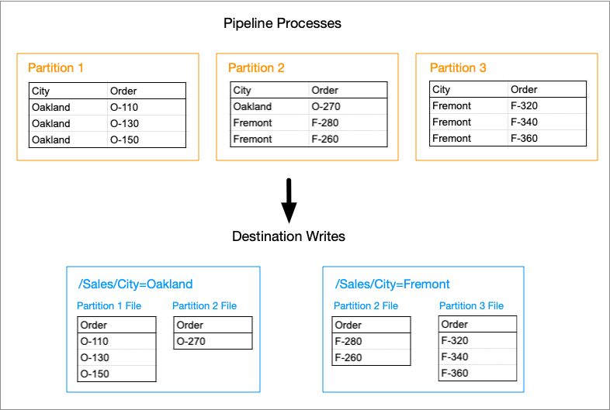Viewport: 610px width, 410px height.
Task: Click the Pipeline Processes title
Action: pos(282,23)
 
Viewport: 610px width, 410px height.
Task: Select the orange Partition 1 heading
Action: pos(56,67)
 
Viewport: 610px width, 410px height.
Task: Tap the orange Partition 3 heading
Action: pos(458,67)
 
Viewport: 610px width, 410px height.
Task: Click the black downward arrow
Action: pos(289,201)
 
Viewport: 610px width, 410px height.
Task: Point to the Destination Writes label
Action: pos(288,236)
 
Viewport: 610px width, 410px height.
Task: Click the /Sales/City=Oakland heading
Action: pos(135,284)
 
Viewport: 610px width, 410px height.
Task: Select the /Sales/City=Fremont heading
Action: pos(392,284)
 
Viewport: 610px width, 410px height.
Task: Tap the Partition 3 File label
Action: pos(471,306)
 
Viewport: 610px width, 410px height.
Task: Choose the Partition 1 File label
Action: pos(109,306)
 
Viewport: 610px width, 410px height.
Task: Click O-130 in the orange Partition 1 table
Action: pos(124,123)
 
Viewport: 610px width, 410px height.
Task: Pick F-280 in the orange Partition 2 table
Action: pos(325,122)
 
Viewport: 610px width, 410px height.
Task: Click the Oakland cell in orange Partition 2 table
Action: pos(252,106)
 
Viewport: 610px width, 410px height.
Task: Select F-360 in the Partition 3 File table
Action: pos(454,373)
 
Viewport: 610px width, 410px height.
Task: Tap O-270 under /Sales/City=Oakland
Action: pos(191,341)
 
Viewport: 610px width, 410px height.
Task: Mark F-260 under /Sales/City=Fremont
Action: pos(348,357)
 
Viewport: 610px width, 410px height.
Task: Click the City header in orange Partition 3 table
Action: pos(441,90)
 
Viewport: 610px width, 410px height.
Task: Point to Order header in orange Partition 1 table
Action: pos(123,91)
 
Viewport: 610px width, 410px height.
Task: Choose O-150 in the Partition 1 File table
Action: pos(95,374)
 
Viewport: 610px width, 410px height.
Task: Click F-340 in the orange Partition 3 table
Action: pos(524,122)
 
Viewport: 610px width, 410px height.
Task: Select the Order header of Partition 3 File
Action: pos(454,324)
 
